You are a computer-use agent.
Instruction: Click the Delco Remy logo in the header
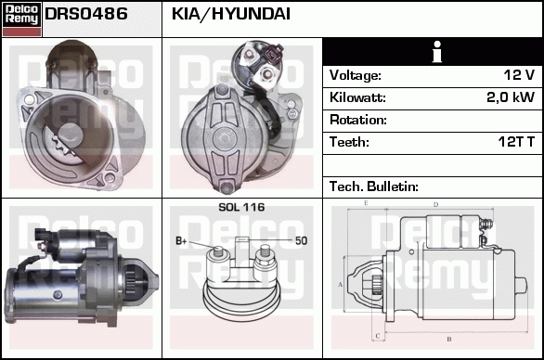21,19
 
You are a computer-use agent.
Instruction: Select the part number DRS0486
86,14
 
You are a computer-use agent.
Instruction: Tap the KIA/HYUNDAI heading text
231,14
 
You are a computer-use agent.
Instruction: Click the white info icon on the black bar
437,52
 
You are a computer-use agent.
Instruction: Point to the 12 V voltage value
519,74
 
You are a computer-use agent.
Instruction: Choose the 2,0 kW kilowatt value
511,97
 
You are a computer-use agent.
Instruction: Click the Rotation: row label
358,120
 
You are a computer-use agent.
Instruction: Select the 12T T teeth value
516,142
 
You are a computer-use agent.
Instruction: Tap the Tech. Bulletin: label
374,186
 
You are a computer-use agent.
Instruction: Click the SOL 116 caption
241,208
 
